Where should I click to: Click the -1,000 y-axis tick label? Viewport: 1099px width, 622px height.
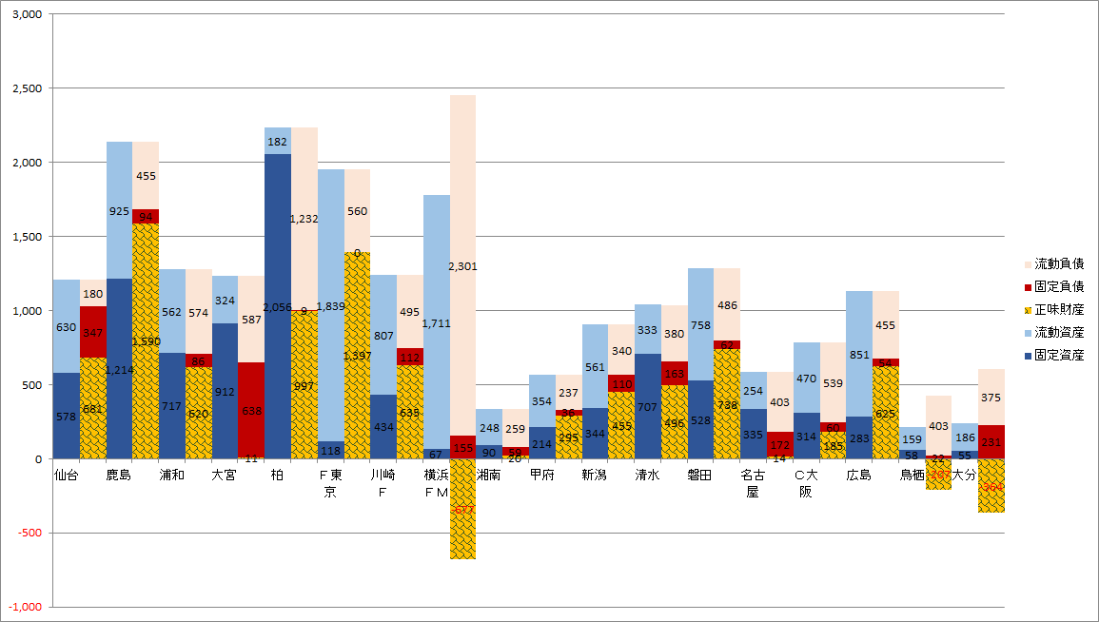coord(25,607)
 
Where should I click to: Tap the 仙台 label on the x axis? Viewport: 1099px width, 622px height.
coord(67,475)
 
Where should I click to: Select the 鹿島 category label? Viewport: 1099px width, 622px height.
coord(119,475)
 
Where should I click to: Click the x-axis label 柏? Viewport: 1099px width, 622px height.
coord(278,475)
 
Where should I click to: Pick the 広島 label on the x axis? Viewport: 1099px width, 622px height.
coord(859,475)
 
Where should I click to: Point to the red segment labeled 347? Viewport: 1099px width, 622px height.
coord(93,333)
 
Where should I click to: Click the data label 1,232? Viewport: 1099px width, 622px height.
coord(304,219)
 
